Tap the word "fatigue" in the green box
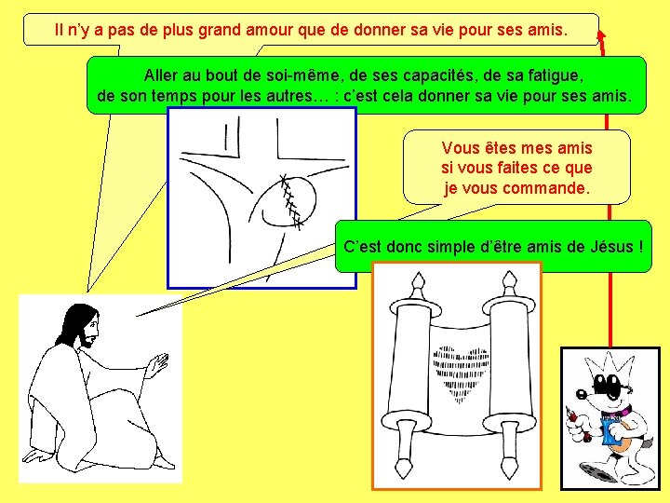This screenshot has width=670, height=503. (555, 76)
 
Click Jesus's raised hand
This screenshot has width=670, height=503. (157, 365)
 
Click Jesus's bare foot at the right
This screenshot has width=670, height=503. (165, 463)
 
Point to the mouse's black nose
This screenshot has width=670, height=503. (581, 393)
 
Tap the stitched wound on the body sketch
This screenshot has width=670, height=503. (290, 201)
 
